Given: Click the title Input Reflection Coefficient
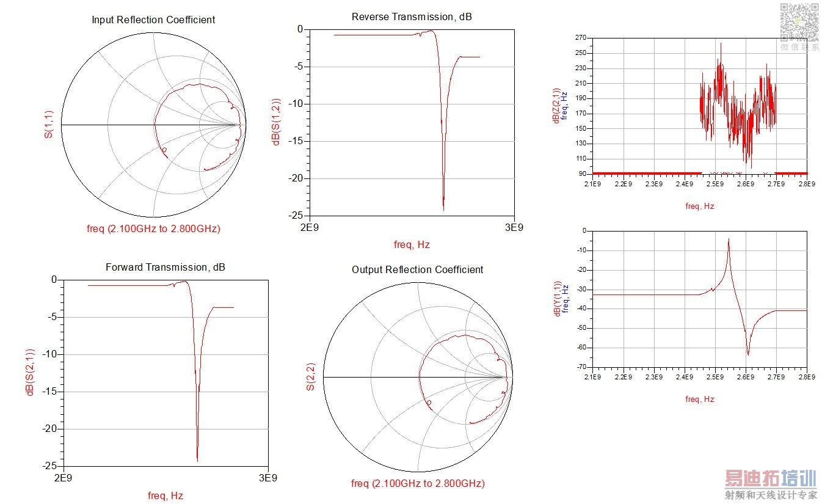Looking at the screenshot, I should tap(153, 20).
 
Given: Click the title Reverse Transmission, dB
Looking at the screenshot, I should tap(412, 16).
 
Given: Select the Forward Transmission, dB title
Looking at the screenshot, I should tap(165, 267).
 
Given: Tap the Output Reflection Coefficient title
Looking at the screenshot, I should tap(417, 269).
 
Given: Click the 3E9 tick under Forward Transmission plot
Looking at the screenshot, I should tap(268, 478).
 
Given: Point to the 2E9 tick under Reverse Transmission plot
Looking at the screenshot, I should tap(309, 227).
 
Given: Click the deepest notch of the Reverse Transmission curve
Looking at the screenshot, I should tap(443, 209).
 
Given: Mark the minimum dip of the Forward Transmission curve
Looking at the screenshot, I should tap(197, 459).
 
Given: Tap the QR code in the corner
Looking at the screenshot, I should tap(799, 21).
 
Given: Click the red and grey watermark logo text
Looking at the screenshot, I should tap(771, 484).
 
